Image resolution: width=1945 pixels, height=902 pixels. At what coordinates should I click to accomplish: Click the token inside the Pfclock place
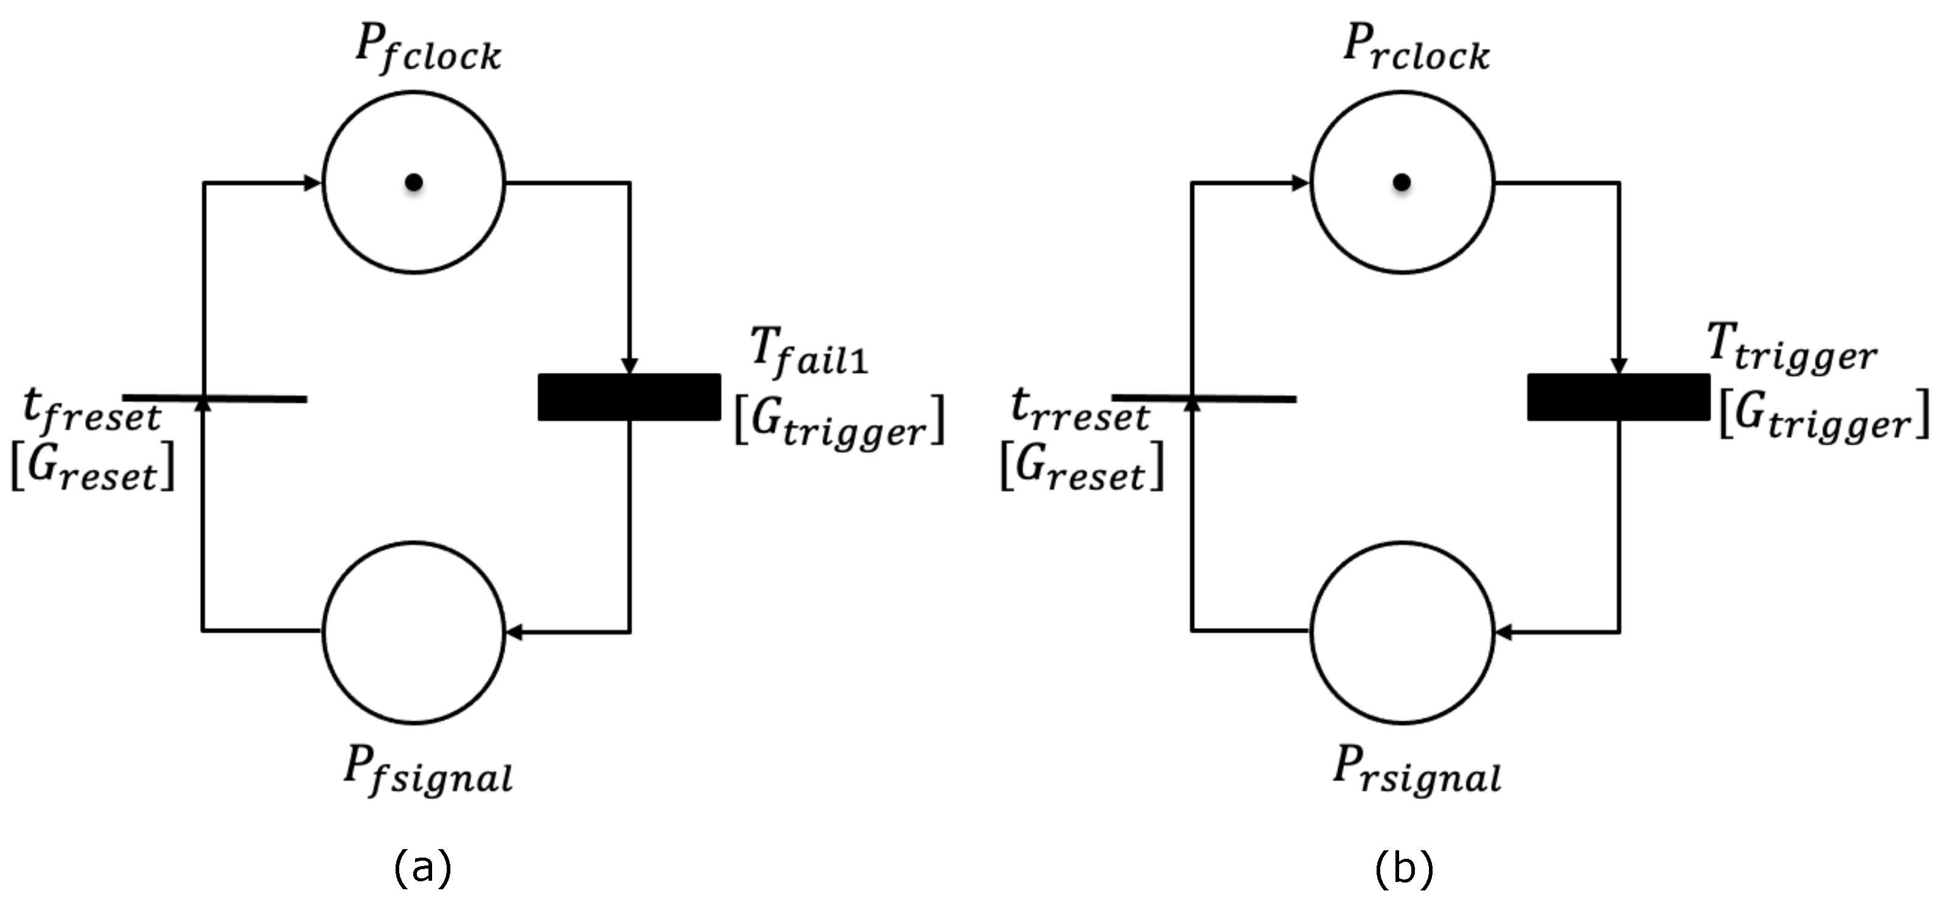click(413, 182)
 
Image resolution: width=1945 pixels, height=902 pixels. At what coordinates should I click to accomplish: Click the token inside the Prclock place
click(1402, 182)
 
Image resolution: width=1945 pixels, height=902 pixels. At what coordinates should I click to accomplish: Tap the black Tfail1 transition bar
click(629, 397)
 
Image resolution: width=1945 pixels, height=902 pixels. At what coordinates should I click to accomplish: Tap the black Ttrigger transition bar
click(1618, 397)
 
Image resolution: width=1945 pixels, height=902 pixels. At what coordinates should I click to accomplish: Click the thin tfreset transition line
click(257, 398)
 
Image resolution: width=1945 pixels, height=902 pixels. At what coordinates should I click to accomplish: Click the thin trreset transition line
click(1246, 398)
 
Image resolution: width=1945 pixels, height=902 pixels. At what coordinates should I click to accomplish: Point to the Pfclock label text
click(427, 50)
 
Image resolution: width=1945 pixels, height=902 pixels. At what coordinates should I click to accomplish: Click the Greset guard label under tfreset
click(92, 468)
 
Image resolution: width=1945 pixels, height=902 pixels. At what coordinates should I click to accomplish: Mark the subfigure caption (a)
click(423, 868)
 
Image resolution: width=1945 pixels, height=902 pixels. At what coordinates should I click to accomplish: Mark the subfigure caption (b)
click(1403, 868)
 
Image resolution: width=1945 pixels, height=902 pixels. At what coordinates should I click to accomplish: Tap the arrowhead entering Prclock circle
click(1300, 182)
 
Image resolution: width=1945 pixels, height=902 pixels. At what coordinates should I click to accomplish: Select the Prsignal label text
click(1417, 771)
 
